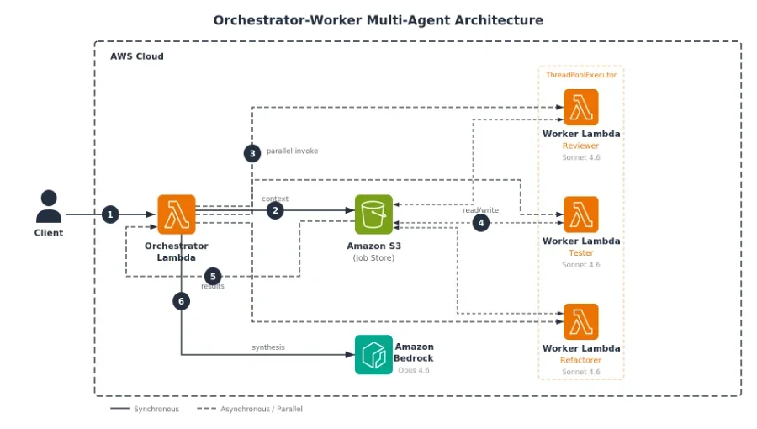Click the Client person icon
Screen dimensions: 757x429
49,206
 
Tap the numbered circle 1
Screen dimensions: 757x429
110,214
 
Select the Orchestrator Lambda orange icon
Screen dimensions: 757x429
177,214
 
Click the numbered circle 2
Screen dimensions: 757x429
275,210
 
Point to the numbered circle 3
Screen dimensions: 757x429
252,153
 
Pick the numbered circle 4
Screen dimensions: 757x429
481,223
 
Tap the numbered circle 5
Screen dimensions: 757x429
213,277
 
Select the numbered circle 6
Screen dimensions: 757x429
181,301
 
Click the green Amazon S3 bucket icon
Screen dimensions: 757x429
373,214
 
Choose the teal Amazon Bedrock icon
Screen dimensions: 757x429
373,355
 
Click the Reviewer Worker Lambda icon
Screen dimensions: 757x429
580,107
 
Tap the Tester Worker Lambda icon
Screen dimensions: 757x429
580,214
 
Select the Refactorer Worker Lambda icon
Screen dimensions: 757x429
580,322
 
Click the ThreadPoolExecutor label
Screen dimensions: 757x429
581,75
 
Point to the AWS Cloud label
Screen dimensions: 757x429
137,56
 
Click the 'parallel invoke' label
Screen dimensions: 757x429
292,151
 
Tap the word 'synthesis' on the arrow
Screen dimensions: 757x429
268,347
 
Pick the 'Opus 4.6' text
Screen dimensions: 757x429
414,370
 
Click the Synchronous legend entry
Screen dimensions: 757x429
145,409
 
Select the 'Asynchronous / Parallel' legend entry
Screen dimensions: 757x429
250,409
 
